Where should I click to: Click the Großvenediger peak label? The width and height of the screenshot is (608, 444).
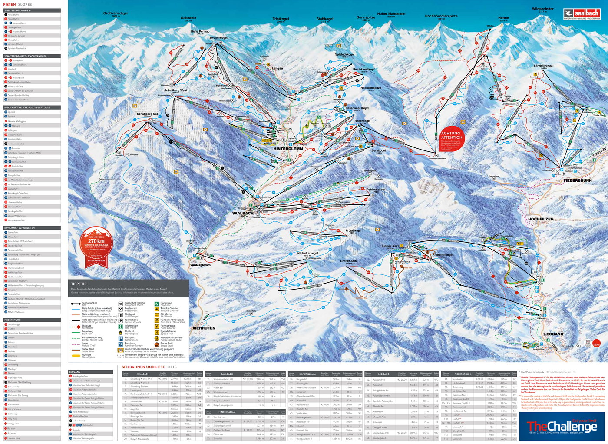(x=116, y=13)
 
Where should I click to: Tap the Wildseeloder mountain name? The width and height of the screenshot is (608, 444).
(x=542, y=9)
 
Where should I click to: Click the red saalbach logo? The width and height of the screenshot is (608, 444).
(x=582, y=13)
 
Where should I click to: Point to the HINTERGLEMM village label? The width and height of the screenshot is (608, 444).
(x=288, y=149)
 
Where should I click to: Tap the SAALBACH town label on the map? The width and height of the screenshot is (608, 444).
(x=242, y=214)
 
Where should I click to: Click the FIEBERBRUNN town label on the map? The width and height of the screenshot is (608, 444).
(x=578, y=180)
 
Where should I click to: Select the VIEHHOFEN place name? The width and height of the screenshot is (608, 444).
(x=204, y=328)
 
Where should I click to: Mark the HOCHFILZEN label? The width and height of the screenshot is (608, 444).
(x=540, y=219)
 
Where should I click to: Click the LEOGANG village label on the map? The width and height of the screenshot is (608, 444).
(x=553, y=334)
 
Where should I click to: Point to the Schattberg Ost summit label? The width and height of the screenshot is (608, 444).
(x=147, y=114)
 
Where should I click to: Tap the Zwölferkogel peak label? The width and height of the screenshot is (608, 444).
(x=218, y=38)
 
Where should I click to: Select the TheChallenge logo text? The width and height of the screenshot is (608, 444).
(x=562, y=427)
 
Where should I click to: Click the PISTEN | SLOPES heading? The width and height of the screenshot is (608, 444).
(x=18, y=4)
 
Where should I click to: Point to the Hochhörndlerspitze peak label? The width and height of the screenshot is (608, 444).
(x=441, y=16)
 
